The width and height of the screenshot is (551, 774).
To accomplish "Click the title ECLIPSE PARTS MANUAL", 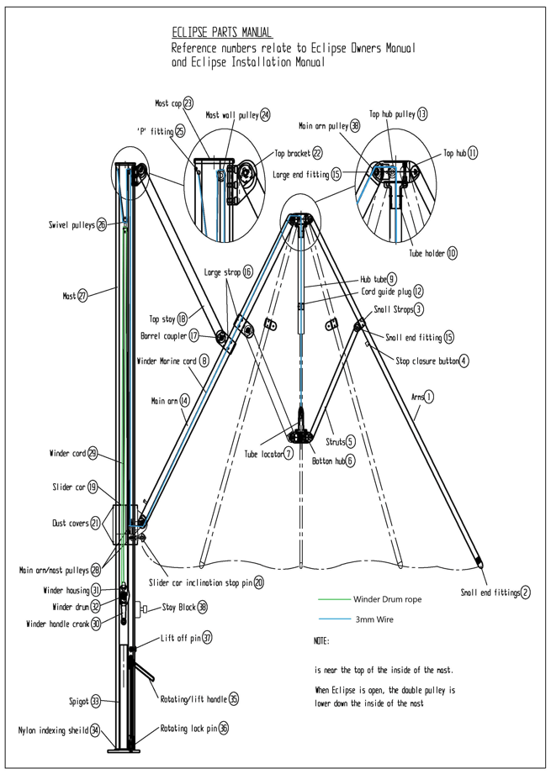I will tap(222, 33).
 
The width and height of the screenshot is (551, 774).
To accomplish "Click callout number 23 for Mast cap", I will tap(188, 103).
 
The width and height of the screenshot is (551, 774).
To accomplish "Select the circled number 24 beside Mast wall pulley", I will tap(265, 114).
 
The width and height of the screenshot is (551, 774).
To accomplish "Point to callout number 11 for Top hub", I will tap(473, 153).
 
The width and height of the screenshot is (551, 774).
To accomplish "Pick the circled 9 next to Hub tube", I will tap(392, 278).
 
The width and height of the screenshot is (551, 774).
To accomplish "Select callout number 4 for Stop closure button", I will tap(464, 361).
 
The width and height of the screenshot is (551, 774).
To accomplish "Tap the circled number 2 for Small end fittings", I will tap(526, 592).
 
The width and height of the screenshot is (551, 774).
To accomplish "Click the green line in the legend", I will tap(332, 599).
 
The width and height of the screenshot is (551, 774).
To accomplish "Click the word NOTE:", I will tap(321, 641).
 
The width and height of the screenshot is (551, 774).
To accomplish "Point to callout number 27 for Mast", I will tap(82, 296).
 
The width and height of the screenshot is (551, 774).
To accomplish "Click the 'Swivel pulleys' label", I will tap(72, 224).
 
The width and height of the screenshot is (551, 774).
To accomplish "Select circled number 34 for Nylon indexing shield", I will tap(96, 729).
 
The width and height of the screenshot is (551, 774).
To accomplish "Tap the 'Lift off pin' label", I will tap(180, 639).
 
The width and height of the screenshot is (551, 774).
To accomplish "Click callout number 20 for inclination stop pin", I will tap(259, 582).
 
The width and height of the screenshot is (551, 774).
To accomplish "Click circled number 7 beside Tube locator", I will tap(289, 454).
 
